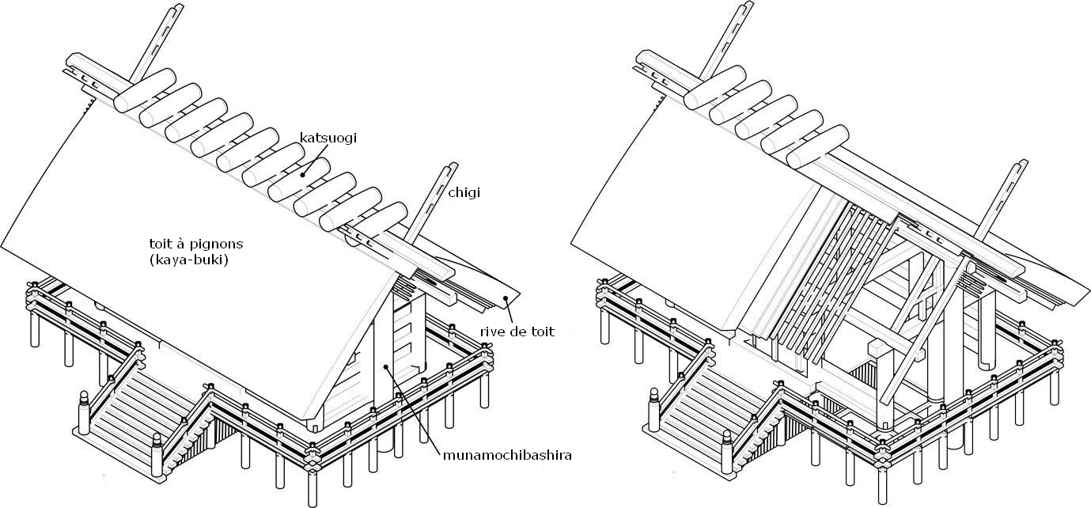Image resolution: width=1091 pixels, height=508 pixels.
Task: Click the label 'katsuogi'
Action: coord(328,138)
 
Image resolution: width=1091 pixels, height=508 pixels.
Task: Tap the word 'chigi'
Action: coord(464,192)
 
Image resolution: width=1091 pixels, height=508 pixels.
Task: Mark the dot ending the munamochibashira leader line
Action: coord(385,366)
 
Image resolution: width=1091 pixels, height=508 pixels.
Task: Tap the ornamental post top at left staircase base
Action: coord(83,393)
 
